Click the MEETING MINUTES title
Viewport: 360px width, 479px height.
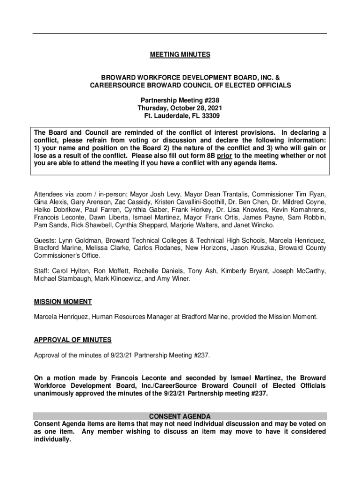[180, 55]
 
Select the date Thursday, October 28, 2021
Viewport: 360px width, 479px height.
[180, 108]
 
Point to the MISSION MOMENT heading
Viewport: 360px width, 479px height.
[63, 302]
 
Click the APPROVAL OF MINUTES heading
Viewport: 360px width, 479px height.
[72, 340]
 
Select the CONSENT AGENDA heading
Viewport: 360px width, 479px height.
[180, 416]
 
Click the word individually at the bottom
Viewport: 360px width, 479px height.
[52, 440]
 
